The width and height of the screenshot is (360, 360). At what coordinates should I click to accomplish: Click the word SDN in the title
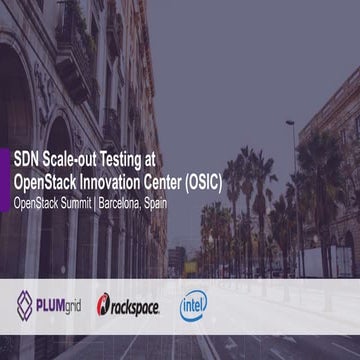25,158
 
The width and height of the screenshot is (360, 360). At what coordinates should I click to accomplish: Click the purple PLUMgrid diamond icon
24,301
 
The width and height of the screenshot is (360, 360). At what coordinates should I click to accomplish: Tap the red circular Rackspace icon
104,303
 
